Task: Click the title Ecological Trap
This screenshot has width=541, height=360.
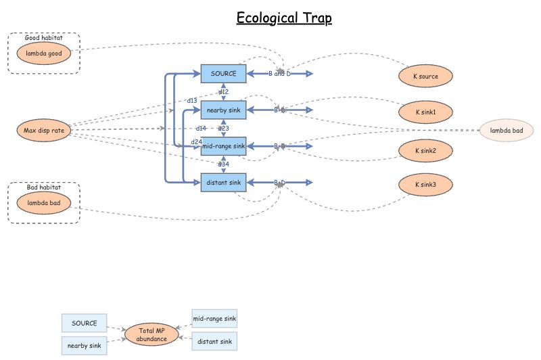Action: pyautogui.click(x=284, y=18)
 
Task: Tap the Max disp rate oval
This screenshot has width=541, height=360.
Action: pyautogui.click(x=43, y=130)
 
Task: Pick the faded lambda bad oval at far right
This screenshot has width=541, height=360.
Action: pyautogui.click(x=507, y=130)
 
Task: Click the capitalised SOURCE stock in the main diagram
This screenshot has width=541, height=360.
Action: pyautogui.click(x=223, y=74)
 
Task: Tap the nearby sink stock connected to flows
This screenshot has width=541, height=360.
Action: pyautogui.click(x=223, y=110)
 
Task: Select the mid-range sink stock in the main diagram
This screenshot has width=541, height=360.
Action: pyautogui.click(x=223, y=146)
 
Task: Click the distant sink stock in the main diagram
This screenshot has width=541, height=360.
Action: pyautogui.click(x=223, y=183)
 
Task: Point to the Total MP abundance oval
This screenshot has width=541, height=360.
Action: pyautogui.click(x=151, y=334)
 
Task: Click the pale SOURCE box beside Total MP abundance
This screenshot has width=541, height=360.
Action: pyautogui.click(x=85, y=323)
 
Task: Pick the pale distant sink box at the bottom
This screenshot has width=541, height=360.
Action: pyautogui.click(x=214, y=342)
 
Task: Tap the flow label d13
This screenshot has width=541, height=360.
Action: pyautogui.click(x=192, y=101)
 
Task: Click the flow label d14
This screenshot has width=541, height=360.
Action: pyautogui.click(x=201, y=128)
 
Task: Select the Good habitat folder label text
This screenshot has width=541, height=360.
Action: pyautogui.click(x=44, y=38)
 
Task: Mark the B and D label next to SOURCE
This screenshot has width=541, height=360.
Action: pyautogui.click(x=278, y=74)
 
